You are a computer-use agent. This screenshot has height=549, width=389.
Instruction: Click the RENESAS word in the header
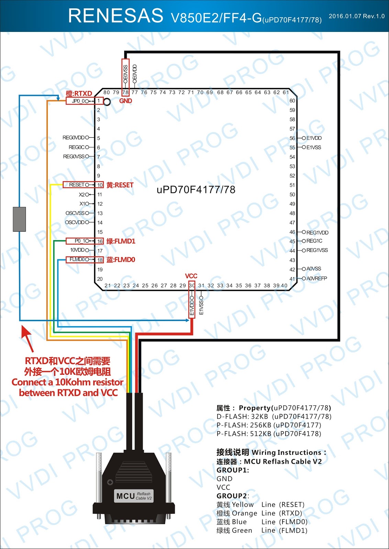coord(115,16)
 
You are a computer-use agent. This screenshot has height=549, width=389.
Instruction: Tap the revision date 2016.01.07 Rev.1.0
coord(356,16)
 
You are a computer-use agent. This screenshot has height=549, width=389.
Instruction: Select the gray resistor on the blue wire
coord(19,219)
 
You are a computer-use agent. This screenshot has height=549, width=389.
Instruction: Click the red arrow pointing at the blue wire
coord(27,338)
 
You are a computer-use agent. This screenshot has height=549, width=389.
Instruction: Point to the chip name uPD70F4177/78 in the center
coord(196,190)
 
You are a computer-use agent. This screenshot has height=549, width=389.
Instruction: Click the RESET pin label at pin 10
coord(77,185)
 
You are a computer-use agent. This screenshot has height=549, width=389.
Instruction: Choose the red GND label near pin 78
coord(125,101)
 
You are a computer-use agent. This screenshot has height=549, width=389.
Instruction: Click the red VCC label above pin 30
coord(191,276)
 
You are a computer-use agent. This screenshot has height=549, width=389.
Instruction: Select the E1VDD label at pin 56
coord(314,138)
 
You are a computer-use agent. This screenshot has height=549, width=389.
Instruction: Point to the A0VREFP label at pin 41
coord(316,278)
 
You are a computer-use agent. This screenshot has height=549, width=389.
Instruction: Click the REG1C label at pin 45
coord(314,241)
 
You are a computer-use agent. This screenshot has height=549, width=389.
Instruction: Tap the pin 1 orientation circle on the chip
coord(107,102)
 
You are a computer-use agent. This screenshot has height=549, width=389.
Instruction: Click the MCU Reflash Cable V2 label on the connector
coord(134,496)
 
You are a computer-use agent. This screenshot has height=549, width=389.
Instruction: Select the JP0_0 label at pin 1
coord(78,101)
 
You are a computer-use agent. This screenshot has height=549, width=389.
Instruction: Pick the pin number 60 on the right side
coord(292,101)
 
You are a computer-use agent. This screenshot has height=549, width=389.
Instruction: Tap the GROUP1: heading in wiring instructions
coord(233,470)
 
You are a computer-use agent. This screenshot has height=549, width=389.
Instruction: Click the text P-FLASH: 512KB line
coord(269,434)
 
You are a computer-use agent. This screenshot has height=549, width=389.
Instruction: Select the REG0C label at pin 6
coord(77,147)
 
